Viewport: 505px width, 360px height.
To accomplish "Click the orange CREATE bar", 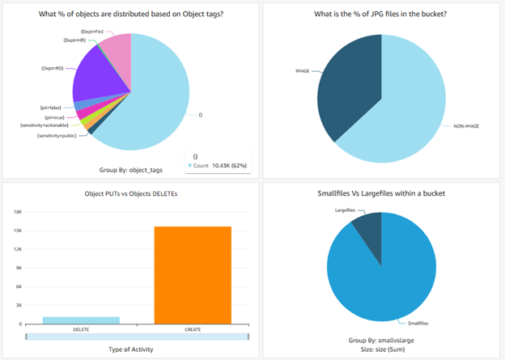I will tap(192, 275).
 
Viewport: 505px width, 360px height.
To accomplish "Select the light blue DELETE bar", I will tap(80, 320).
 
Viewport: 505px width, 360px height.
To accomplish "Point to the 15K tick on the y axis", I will tap(16, 230).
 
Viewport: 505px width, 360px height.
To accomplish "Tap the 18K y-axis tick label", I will tap(16, 211).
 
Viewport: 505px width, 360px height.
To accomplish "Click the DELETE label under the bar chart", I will tap(80, 329).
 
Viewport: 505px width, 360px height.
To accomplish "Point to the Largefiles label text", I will tap(346, 210).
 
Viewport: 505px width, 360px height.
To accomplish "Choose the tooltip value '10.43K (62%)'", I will tap(227, 165).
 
